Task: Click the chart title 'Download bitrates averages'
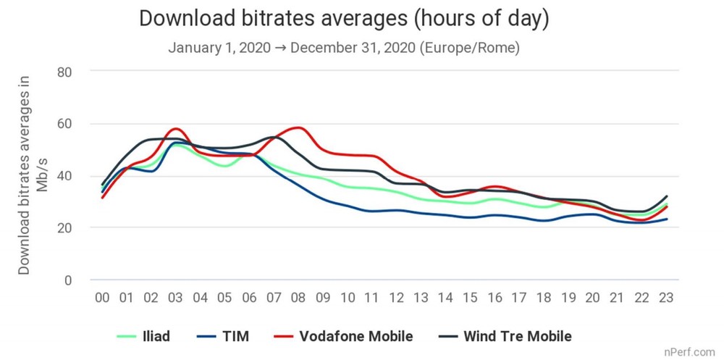pos(344,20)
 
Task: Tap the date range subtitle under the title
pos(344,49)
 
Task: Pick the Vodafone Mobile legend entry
pos(343,336)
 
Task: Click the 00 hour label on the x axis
pos(102,298)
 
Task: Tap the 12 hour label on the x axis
pos(397,298)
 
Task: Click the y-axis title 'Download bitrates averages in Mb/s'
pos(32,177)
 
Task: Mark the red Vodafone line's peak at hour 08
pos(298,127)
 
